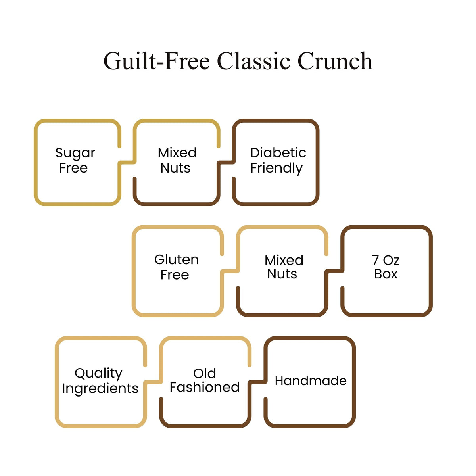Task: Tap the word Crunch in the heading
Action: pyautogui.click(x=335, y=61)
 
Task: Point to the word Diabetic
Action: pyautogui.click(x=278, y=152)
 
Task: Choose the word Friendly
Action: pyautogui.click(x=276, y=169)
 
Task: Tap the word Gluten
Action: pyautogui.click(x=177, y=259)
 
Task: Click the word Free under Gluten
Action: pyautogui.click(x=175, y=274)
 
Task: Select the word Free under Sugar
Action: pyautogui.click(x=73, y=168)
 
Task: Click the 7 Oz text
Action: pyautogui.click(x=386, y=260)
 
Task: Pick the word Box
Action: pyautogui.click(x=386, y=274)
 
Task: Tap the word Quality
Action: pyautogui.click(x=98, y=374)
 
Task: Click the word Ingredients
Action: pyautogui.click(x=100, y=389)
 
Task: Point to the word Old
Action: pyautogui.click(x=205, y=373)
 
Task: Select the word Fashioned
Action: pyautogui.click(x=205, y=387)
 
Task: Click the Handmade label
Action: pyautogui.click(x=311, y=381)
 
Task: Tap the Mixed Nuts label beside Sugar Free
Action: pyautogui.click(x=177, y=160)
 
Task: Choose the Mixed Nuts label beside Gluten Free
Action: pyautogui.click(x=284, y=267)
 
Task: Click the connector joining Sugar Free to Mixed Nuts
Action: pyautogui.click(x=127, y=162)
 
